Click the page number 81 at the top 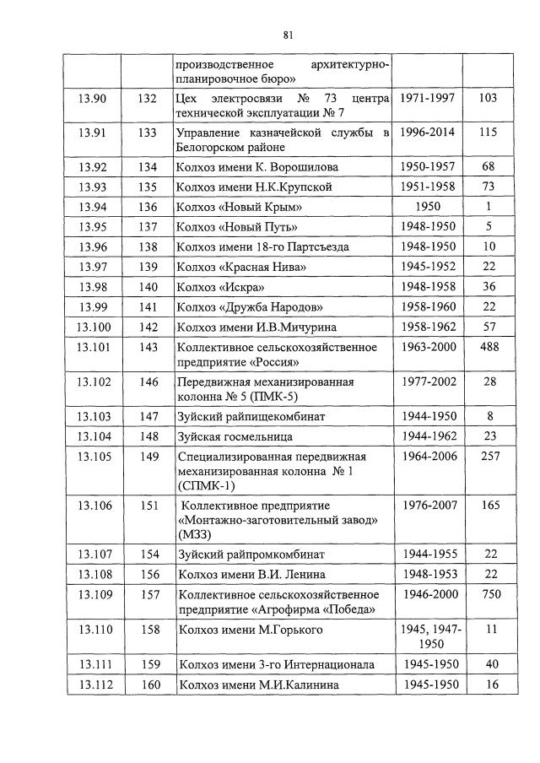coord(288,35)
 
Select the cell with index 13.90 coord(91,99)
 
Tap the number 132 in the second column coord(148,99)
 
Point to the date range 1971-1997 coord(428,99)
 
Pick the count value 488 coord(488,347)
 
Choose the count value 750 coord(488,595)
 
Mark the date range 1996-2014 coord(428,133)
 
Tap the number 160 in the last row coord(150,685)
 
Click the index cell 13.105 coord(94,457)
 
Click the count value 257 coord(488,457)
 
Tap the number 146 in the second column coord(150,381)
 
